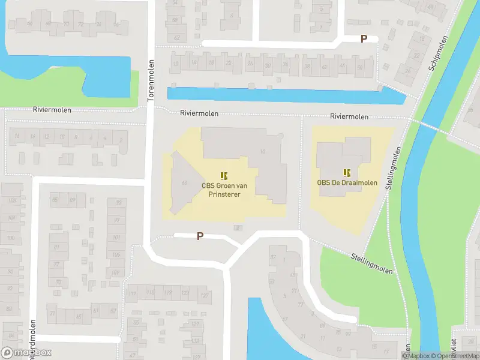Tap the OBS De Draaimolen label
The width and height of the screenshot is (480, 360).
click(347, 182)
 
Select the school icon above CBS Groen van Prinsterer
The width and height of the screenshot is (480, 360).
click(224, 176)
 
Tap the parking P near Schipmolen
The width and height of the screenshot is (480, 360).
click(363, 38)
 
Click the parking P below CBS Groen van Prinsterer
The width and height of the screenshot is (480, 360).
click(200, 236)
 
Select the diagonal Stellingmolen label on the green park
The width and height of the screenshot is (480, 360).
click(372, 263)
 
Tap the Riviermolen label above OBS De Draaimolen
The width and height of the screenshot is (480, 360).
click(349, 116)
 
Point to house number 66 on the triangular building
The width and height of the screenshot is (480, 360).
click(184, 183)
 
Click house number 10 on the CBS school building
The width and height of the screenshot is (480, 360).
click(262, 151)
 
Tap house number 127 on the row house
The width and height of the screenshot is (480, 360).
click(205, 295)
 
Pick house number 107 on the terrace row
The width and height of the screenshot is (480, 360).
click(115, 272)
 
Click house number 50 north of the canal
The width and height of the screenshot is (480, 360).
click(359, 67)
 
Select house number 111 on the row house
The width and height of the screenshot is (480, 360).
click(132, 293)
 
